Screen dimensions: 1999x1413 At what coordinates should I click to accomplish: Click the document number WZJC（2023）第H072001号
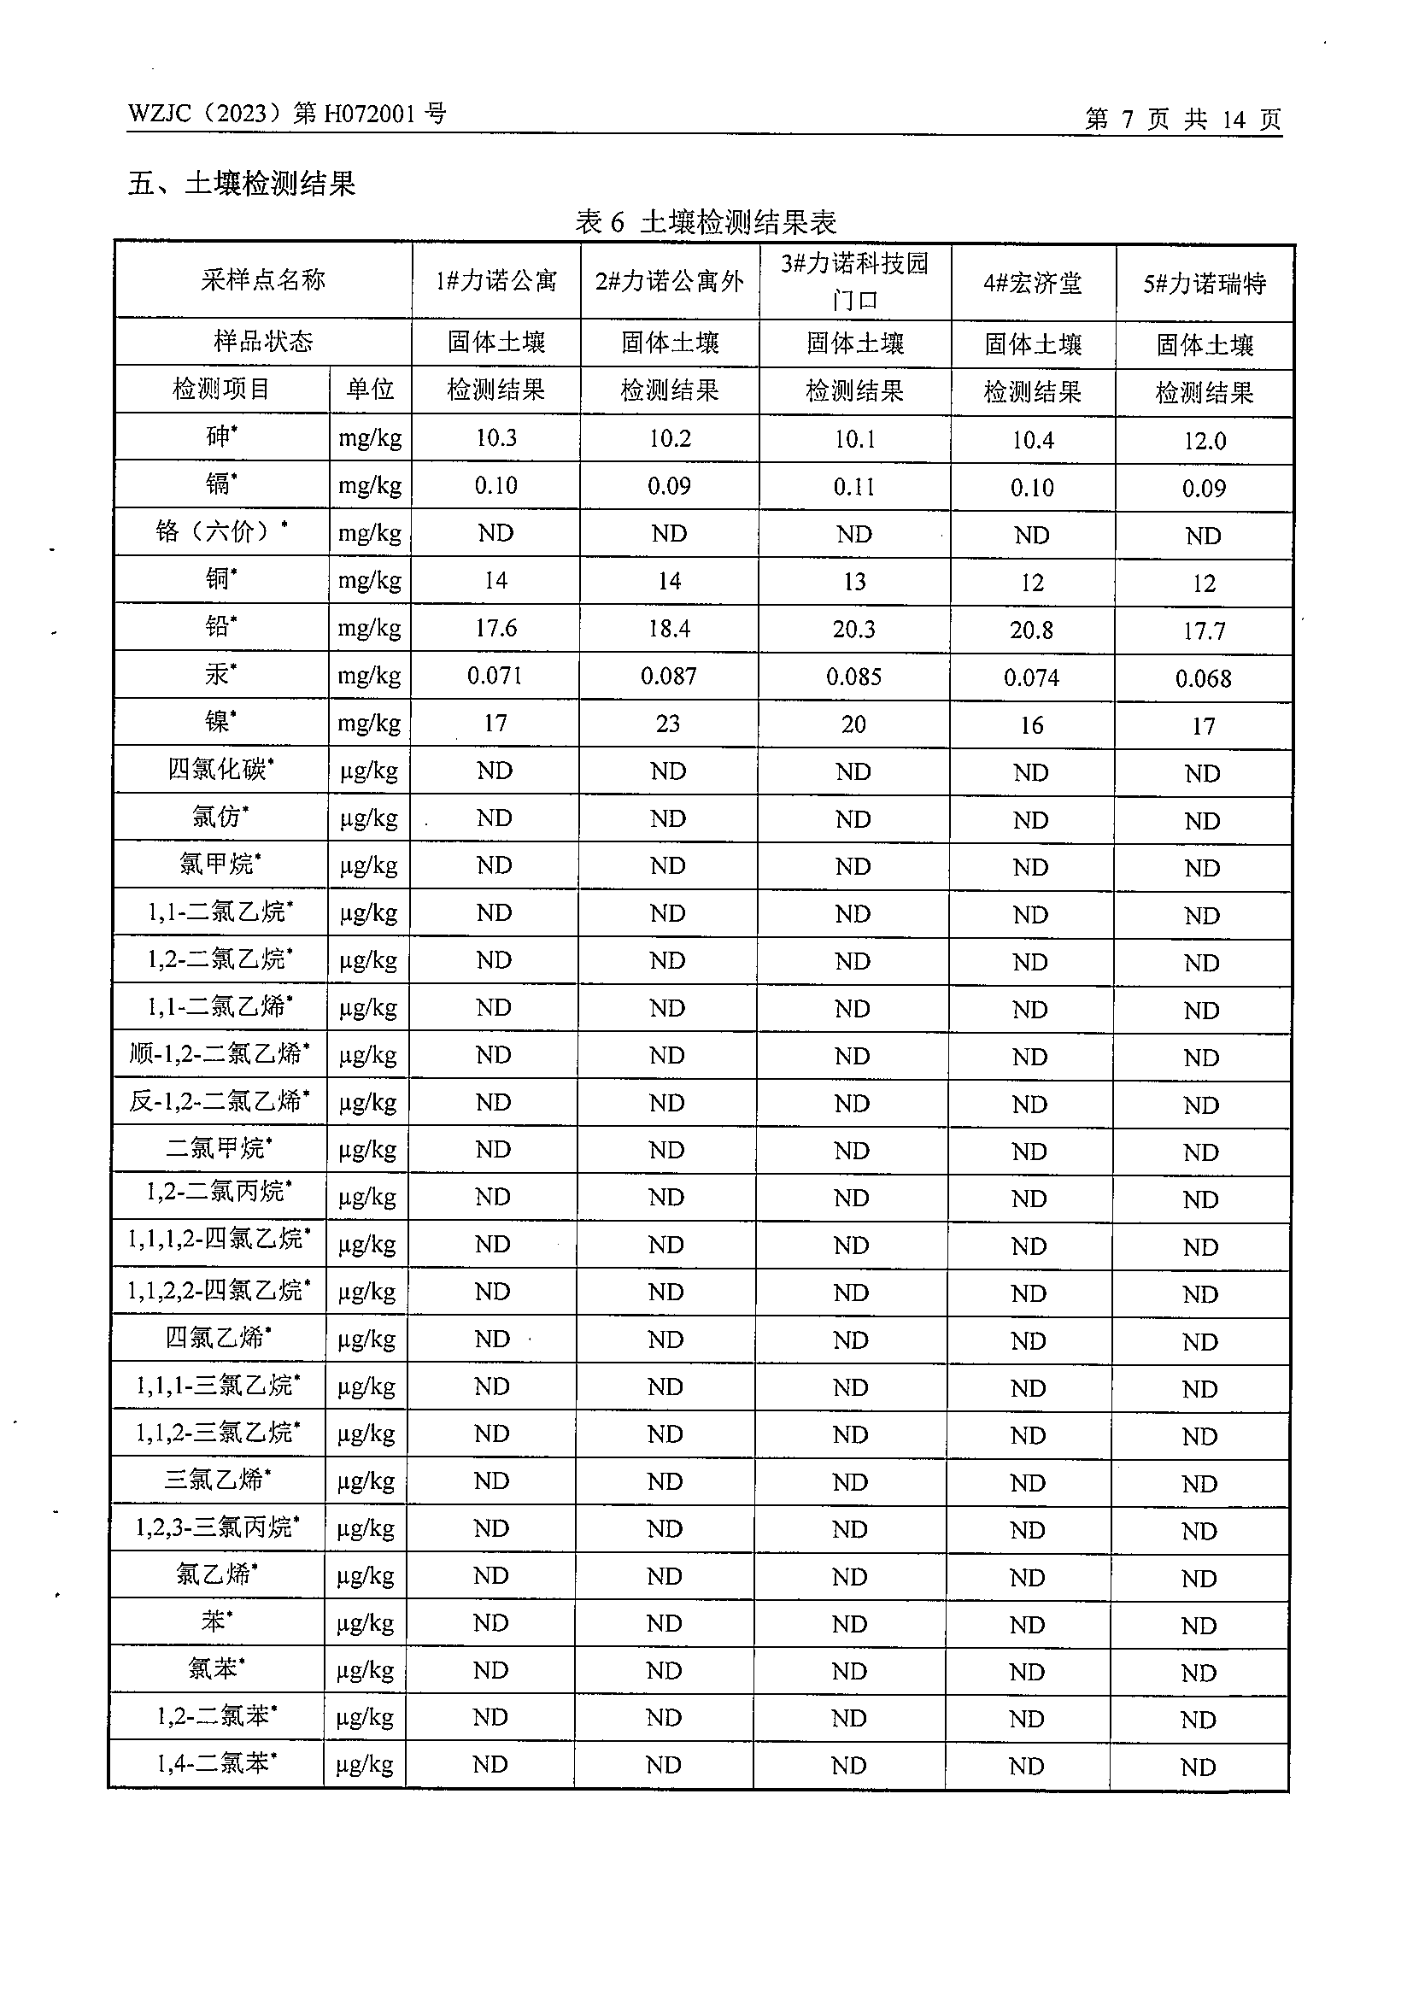coord(286,114)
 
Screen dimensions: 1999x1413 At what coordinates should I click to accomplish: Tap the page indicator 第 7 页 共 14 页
coord(1182,120)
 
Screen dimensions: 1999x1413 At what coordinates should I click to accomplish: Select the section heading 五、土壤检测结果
coord(241,184)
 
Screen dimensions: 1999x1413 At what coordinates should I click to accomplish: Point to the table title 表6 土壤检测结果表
coord(705,222)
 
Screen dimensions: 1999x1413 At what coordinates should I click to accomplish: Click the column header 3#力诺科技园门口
coord(854,281)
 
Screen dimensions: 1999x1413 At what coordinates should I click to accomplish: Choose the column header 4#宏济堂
coord(1033,283)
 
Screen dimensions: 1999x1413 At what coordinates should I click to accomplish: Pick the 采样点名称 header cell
coord(263,279)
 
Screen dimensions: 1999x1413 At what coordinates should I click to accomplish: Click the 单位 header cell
coord(370,389)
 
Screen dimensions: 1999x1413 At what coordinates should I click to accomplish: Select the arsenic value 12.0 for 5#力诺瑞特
coord(1204,442)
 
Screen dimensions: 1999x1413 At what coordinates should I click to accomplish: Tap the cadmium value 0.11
coord(854,487)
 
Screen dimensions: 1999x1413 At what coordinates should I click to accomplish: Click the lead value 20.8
coord(1032,630)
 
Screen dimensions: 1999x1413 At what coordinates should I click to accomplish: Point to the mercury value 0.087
coord(669,677)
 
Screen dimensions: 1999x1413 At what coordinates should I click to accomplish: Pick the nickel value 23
coord(668,724)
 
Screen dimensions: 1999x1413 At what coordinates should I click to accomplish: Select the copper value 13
coord(854,582)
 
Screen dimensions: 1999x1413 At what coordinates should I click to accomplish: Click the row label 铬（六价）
coord(221,531)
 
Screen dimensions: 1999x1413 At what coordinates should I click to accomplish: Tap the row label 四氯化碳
coord(220,770)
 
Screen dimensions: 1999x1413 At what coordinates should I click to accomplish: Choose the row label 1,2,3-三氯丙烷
coord(217,1527)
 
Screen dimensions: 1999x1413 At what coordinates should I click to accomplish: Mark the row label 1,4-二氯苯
coord(216,1764)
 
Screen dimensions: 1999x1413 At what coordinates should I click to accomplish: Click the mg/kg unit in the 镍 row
coord(369,723)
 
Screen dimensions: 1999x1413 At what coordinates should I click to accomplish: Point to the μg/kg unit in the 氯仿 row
coord(368,818)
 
